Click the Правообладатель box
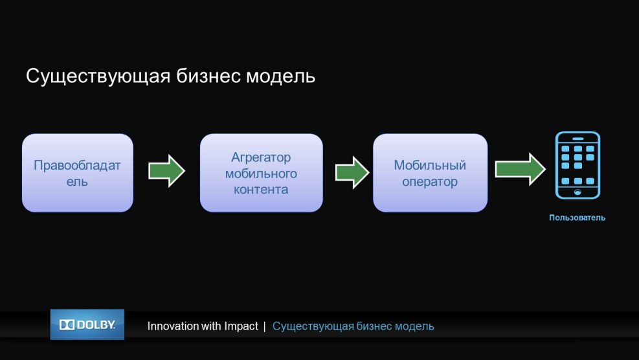pos(78,173)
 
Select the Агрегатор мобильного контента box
pos(261,173)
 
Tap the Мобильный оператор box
pos(430,173)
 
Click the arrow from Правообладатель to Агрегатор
pos(166,171)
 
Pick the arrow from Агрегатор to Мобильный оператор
pos(352,172)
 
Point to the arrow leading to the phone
pos(520,169)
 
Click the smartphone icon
pos(577,165)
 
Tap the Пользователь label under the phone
pos(577,218)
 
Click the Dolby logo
pos(87,324)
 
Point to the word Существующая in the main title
pos(98,76)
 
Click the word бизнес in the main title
pos(208,76)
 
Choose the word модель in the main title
pos(280,76)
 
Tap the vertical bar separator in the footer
pos(265,326)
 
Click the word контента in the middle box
pos(261,190)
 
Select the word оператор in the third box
pos(430,182)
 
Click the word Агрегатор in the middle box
pos(261,157)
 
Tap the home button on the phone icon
pos(577,192)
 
